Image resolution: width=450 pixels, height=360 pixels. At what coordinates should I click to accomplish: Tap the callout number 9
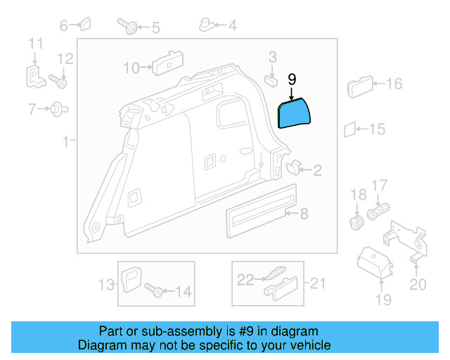point(292,79)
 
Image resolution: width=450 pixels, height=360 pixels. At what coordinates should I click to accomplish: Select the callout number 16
point(394,84)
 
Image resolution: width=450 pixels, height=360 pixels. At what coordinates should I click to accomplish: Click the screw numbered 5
point(130,27)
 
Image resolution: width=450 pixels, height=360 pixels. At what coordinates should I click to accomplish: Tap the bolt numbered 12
point(58,82)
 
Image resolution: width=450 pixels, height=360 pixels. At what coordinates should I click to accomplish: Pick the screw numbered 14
point(155,289)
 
